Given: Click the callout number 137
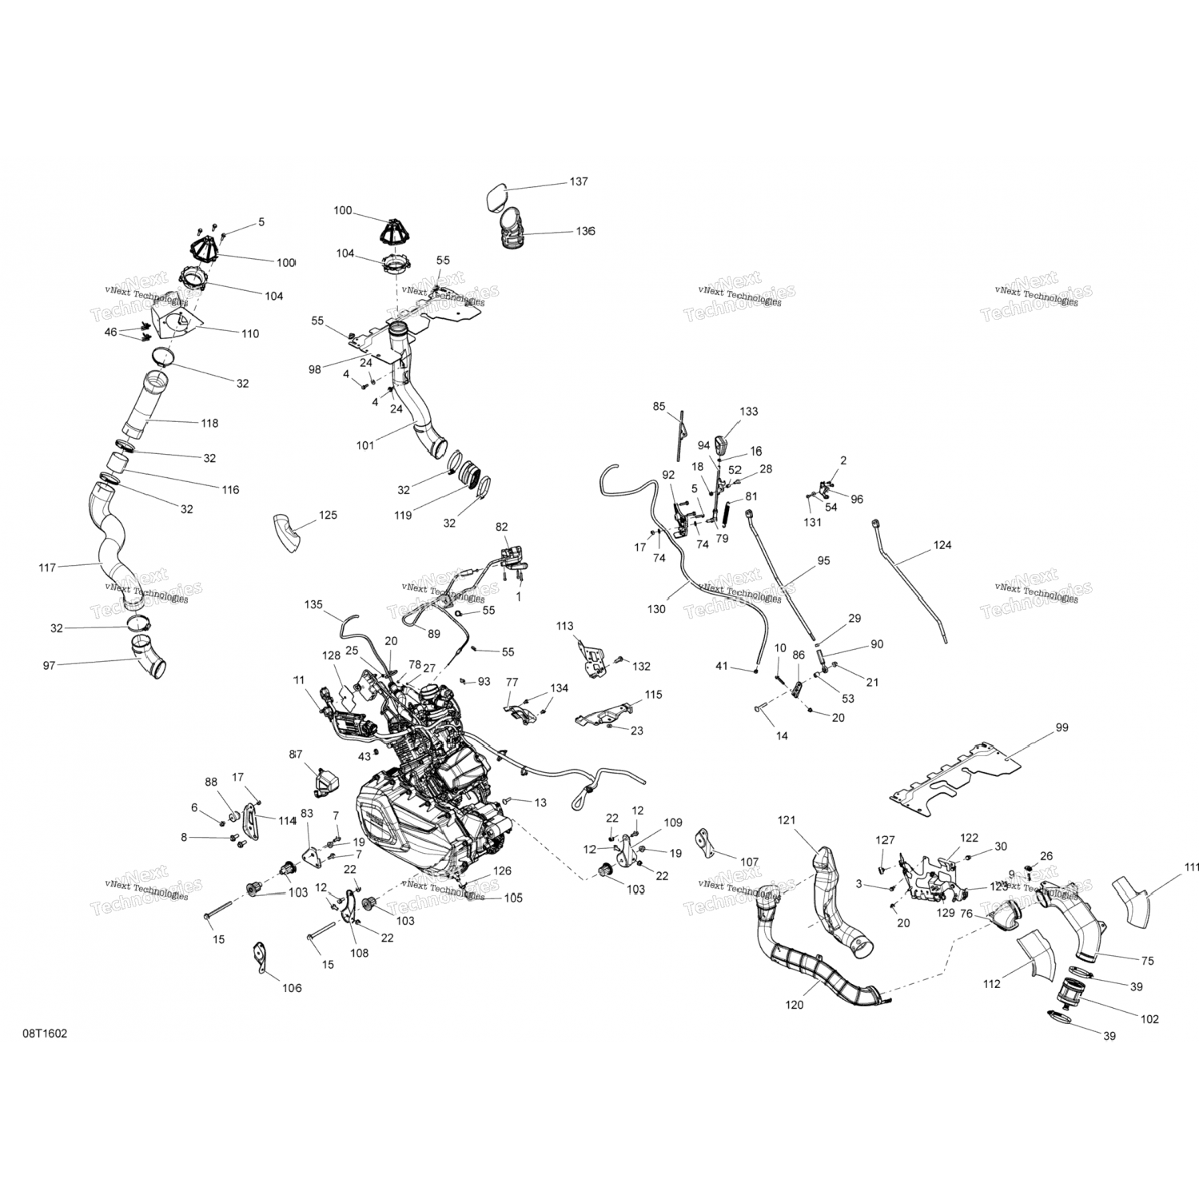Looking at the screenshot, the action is point(578,181).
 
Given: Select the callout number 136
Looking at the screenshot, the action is point(585,231).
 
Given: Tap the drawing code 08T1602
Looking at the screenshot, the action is point(45,1033).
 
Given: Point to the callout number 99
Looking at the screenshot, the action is point(1062,727).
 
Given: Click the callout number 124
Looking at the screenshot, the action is point(942,545).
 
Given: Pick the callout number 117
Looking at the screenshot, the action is point(47,568).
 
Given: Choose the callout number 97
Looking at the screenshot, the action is point(50,665).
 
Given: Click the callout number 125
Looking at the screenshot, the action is point(328,515).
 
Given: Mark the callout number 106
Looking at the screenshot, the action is point(292,988).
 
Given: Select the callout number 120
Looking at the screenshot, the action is point(795,1005).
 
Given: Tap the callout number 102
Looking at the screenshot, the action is point(1149,1019).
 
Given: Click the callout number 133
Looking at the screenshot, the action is point(749,411).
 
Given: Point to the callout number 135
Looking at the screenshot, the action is point(313,604).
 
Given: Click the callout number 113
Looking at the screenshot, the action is point(565,626).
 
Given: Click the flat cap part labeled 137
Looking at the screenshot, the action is point(496,197).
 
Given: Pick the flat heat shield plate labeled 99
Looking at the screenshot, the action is point(955,773).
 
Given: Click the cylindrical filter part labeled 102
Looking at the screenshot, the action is point(1068,994).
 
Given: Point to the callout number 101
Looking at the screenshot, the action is point(364,445).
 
